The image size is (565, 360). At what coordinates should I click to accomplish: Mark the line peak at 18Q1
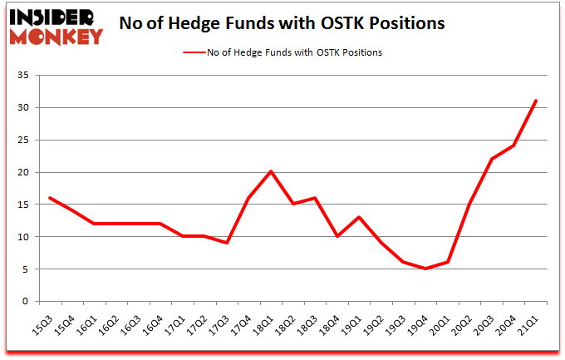click(270, 172)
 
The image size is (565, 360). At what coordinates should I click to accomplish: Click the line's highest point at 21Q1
click(537, 101)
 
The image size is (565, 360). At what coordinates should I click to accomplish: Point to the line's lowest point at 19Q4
click(426, 269)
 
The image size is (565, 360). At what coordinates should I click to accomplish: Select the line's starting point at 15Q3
click(52, 198)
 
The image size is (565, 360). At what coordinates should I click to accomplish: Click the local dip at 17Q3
click(227, 243)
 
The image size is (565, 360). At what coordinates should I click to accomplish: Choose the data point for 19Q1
click(359, 217)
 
